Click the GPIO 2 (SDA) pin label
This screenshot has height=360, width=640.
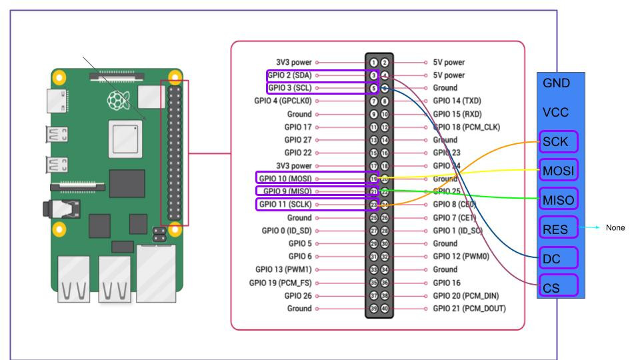click(289, 75)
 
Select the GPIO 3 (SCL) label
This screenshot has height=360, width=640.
click(290, 87)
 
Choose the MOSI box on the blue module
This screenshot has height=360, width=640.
click(559, 170)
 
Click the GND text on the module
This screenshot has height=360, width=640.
click(557, 84)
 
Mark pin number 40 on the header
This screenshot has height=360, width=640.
click(385, 308)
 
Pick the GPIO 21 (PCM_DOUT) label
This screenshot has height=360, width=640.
click(469, 308)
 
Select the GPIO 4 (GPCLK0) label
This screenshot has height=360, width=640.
click(280, 100)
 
